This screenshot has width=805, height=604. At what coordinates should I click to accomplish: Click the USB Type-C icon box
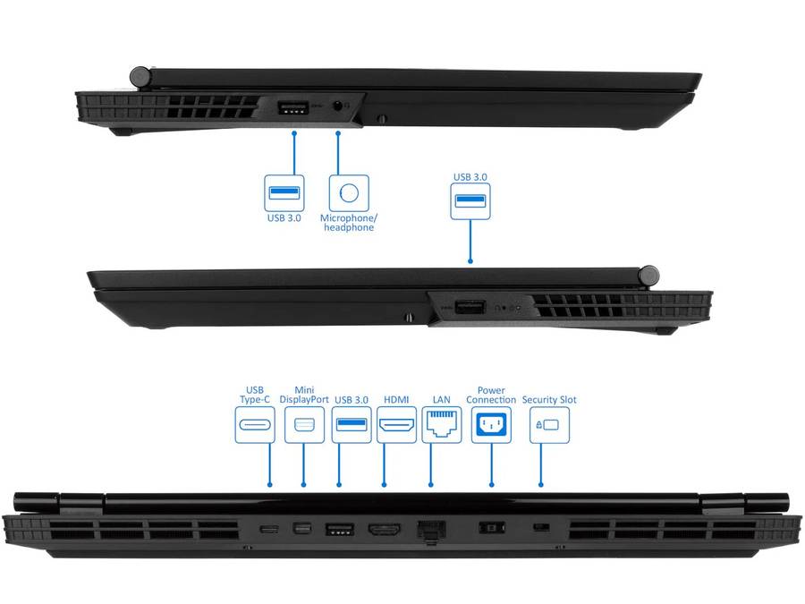(255, 425)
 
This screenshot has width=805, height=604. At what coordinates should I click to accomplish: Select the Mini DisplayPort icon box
(303, 425)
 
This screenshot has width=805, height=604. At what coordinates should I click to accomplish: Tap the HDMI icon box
(396, 425)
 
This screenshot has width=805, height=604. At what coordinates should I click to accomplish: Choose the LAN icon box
(441, 425)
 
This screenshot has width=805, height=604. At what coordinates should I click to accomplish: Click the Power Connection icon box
(491, 425)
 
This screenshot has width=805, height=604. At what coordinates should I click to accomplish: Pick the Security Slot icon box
(548, 425)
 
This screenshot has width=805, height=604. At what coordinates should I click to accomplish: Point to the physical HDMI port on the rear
(385, 529)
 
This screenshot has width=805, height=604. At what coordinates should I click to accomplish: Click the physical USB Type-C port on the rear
(268, 529)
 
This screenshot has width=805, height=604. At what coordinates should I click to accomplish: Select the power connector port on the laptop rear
(491, 528)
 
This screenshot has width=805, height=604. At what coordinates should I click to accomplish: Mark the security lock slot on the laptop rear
(540, 528)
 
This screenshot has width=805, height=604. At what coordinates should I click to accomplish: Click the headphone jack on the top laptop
(338, 106)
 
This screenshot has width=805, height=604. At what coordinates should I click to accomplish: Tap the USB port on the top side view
(293, 109)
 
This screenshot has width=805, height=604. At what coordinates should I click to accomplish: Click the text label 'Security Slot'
(548, 400)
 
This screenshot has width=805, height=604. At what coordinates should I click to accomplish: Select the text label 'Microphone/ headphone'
(348, 223)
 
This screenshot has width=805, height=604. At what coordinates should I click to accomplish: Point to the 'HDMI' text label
(396, 400)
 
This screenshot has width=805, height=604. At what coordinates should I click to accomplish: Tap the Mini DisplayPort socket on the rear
(302, 529)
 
